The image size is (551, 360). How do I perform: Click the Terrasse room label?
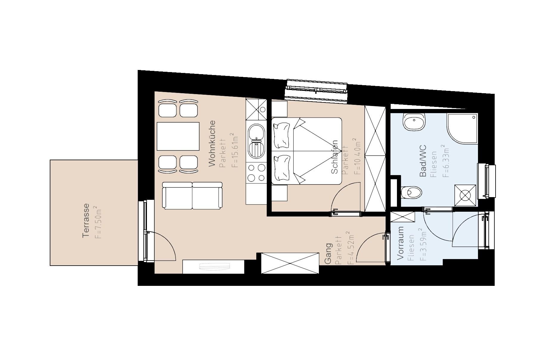point(86,220)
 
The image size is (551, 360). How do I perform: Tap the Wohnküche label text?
point(212,143)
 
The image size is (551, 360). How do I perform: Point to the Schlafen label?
point(334,157)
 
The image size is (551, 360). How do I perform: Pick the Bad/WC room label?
point(423,161)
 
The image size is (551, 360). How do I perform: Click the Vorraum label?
point(400,243)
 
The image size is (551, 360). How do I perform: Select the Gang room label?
point(328,253)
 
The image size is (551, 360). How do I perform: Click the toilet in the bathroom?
point(411,192)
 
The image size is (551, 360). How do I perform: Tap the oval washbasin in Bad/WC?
point(415,122)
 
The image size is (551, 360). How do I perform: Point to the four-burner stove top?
point(256,173)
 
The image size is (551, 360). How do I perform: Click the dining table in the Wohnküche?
point(178,136)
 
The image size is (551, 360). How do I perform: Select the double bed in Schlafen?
point(307,151)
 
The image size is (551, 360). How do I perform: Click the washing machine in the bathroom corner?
point(465,195)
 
